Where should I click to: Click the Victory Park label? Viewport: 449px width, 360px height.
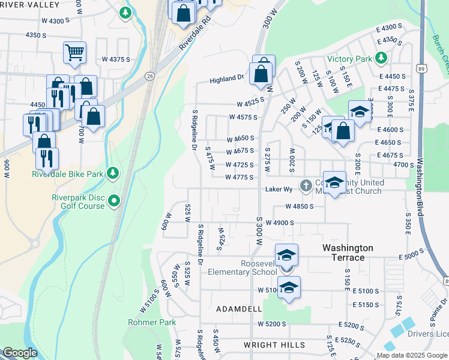pyautogui.click(x=350, y=59)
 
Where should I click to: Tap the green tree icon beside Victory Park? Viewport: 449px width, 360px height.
pyautogui.click(x=381, y=58)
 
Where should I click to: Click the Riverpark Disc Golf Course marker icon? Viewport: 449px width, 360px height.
pyautogui.click(x=114, y=200)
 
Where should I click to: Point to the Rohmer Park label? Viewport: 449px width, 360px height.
pyautogui.click(x=152, y=322)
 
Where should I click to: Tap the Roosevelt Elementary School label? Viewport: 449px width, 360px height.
pyautogui.click(x=242, y=268)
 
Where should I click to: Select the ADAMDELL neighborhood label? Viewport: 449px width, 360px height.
pyautogui.click(x=239, y=308)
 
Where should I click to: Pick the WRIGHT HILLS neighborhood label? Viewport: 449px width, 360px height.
pyautogui.click(x=274, y=345)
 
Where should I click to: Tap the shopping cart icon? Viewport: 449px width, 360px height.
pyautogui.click(x=74, y=52)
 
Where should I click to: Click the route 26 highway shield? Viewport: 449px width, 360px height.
pyautogui.click(x=149, y=76)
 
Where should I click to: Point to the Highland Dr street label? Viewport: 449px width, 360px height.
pyautogui.click(x=226, y=79)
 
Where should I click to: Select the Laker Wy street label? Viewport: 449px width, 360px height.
pyautogui.click(x=279, y=189)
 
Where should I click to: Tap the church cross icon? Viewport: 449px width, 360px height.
pyautogui.click(x=306, y=184)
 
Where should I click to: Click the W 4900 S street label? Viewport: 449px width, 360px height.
pyautogui.click(x=280, y=223)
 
